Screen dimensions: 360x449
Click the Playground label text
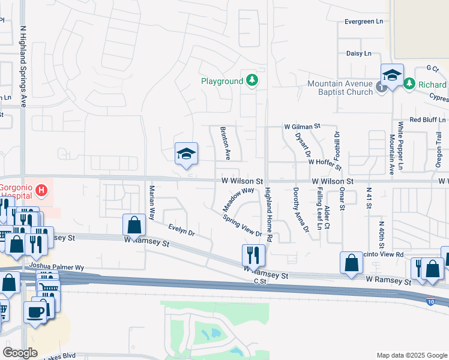point(222,81)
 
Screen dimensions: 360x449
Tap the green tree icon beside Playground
point(252,80)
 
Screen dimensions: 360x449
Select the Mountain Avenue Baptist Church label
point(340,88)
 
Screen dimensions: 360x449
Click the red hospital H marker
point(41,191)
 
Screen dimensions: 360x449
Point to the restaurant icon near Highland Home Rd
point(253,254)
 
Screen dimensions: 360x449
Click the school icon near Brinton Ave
point(186,154)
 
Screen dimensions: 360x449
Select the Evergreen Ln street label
point(363,22)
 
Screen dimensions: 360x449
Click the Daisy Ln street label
point(359,53)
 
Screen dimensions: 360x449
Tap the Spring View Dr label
point(242,226)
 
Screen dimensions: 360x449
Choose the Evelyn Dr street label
point(182,229)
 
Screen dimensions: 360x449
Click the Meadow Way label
point(239,199)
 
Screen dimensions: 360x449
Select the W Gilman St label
point(303,127)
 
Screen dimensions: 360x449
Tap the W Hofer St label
point(325,162)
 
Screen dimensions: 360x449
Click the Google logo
point(20,353)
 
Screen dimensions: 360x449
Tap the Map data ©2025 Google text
point(412,355)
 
